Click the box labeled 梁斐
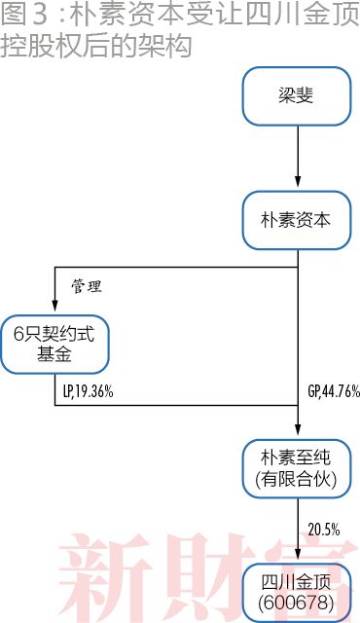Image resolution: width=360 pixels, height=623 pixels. [297, 94]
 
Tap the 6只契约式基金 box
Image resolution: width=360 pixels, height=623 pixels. [54, 344]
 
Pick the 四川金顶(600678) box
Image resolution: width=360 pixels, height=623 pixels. [297, 592]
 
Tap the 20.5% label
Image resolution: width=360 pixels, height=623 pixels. [324, 530]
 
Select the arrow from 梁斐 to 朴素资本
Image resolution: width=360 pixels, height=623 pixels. [297, 156]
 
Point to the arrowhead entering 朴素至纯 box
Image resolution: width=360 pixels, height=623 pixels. [297, 431]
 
